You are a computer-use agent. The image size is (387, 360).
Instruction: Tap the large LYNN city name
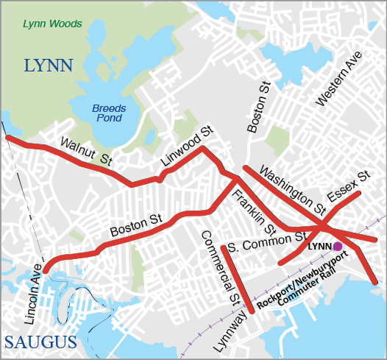pos(49,66)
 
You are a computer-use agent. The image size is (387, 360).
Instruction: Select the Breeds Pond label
pos(109,113)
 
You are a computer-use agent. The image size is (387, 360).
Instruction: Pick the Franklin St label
pos(255,208)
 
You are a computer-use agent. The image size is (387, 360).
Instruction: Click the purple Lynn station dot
pos(337,247)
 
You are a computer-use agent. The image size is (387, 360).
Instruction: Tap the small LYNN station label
pos(319,246)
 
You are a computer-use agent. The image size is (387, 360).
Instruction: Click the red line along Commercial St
pos(238,280)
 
